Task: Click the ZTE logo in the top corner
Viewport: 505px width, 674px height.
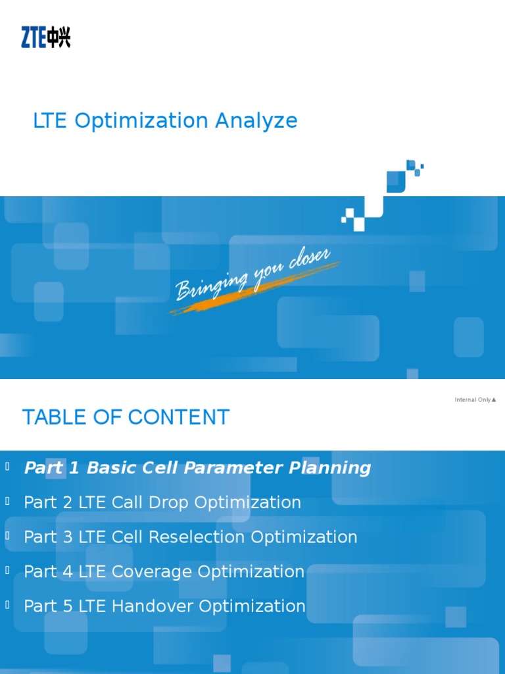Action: click(45, 37)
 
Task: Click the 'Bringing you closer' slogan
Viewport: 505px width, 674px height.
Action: click(253, 276)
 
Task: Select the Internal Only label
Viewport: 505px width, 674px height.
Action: click(475, 400)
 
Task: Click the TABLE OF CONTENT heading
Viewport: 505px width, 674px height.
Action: click(126, 417)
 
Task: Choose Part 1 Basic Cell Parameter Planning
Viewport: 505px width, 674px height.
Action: click(197, 468)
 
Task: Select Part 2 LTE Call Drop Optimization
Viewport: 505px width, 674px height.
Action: click(162, 503)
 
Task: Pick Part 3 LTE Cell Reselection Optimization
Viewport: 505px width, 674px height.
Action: click(191, 537)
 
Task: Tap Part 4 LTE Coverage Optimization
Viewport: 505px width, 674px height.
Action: click(164, 572)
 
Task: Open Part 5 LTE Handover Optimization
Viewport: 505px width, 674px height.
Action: click(164, 606)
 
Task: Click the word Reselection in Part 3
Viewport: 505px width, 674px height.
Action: click(198, 537)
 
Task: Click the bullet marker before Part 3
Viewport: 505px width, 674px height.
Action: click(7, 536)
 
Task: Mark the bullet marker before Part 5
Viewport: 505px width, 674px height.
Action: click(7, 605)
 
